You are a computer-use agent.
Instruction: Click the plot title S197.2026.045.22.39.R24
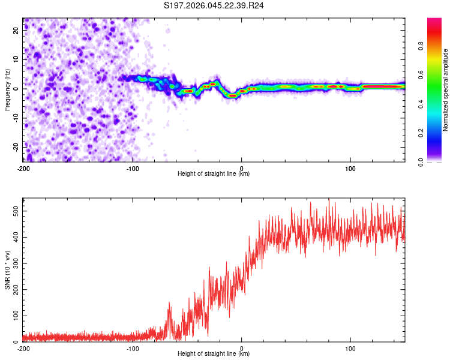point(214,5)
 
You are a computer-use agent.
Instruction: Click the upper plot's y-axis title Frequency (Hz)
point(7,89)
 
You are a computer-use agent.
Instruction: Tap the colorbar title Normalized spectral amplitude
point(446,90)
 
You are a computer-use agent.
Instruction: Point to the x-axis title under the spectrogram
point(214,173)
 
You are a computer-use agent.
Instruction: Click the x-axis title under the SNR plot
point(214,353)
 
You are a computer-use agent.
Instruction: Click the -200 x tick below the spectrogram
point(23,168)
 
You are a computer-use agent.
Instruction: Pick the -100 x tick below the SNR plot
point(133,348)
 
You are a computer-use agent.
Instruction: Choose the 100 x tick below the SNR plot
point(350,348)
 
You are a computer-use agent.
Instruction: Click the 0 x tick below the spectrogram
point(242,168)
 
